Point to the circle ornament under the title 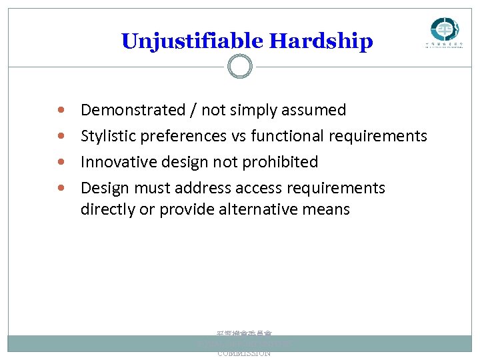pyautogui.click(x=239, y=67)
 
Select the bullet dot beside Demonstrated pyautogui.click(x=61, y=109)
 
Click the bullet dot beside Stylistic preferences pyautogui.click(x=61, y=135)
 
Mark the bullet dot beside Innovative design pyautogui.click(x=61, y=162)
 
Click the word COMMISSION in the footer pyautogui.click(x=244, y=353)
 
